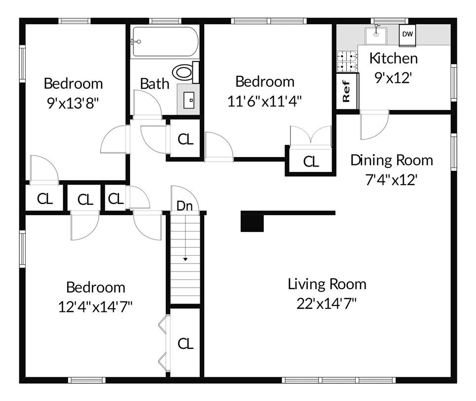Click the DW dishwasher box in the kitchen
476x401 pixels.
tap(407, 34)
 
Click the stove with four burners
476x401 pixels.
tap(347, 61)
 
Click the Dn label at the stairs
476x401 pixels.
tap(184, 206)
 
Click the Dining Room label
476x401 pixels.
tap(392, 160)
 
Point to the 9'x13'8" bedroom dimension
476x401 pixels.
tap(73, 103)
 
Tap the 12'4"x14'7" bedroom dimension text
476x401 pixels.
tap(95, 307)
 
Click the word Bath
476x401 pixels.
tap(154, 84)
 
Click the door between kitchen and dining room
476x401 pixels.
tap(375, 126)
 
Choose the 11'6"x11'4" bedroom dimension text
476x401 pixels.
tap(265, 100)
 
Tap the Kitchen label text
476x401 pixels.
tap(393, 58)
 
